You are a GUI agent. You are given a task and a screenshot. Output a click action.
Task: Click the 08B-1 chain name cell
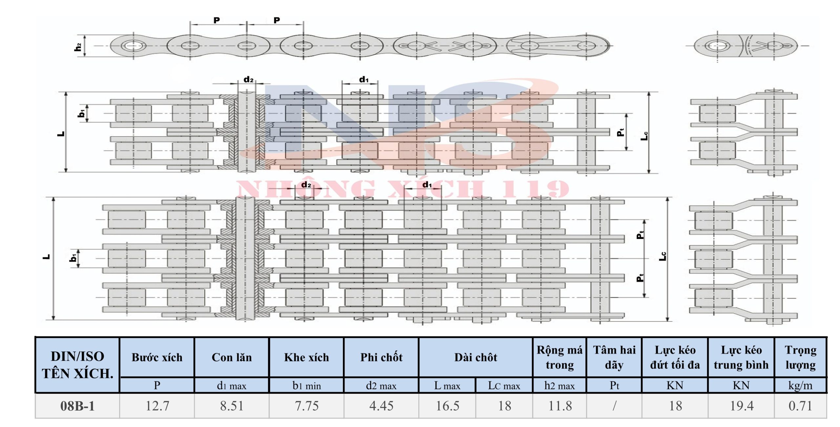[77, 406]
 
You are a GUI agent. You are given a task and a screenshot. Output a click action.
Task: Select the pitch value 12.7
[157, 406]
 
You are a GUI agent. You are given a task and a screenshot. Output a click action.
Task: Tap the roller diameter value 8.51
[232, 406]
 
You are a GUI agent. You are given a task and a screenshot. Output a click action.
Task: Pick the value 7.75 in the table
[306, 406]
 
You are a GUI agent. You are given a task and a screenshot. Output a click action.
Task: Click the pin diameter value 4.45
[381, 406]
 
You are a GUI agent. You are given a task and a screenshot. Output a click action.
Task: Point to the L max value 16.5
[447, 406]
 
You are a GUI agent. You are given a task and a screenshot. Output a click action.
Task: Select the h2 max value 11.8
[560, 406]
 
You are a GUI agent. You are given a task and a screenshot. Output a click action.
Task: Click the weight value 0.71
[800, 406]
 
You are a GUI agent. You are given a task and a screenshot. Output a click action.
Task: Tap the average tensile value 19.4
[741, 406]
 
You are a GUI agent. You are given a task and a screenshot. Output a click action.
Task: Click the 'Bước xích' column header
[157, 357]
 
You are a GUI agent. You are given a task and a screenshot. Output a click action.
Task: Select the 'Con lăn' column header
[232, 357]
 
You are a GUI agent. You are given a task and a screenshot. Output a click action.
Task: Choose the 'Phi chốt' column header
[381, 357]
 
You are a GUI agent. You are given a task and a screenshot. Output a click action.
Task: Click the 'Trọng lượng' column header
[800, 357]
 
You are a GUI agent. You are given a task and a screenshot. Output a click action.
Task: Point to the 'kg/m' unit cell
[800, 386]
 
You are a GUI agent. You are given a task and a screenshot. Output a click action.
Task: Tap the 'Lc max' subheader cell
[504, 386]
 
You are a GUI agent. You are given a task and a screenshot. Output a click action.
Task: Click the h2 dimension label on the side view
[78, 47]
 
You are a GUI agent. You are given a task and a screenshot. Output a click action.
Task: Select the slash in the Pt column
[614, 406]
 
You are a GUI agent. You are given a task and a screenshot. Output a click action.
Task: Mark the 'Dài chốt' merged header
[476, 357]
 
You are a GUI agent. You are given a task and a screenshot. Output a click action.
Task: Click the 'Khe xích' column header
[306, 357]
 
